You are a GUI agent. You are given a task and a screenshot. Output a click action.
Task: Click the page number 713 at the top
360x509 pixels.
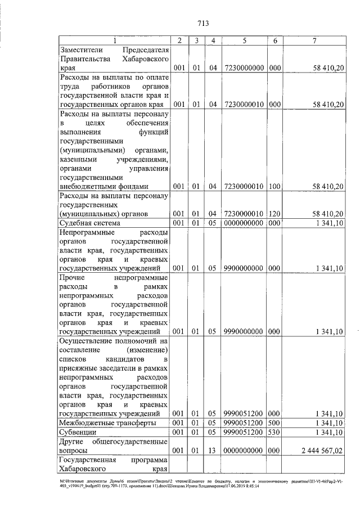[203, 23]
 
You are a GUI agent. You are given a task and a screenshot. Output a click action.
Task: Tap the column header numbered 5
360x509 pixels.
[245, 40]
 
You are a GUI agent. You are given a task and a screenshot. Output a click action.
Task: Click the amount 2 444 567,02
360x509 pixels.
[322, 451]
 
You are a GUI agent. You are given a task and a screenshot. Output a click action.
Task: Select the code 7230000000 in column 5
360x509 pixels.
[245, 68]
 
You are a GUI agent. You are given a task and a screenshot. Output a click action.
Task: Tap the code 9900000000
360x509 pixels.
[245, 268]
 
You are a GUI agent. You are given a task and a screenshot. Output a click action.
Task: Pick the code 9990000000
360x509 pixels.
[245, 332]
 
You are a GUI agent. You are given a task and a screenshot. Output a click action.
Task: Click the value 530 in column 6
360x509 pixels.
[274, 432]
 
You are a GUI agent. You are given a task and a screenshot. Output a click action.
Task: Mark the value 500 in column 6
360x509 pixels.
[274, 423]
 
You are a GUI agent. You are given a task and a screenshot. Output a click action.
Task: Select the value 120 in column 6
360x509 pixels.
[274, 214]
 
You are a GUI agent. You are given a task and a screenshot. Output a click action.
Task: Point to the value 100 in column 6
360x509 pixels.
[274, 186]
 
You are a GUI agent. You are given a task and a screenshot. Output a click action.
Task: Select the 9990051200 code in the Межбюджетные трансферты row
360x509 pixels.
[245, 423]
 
